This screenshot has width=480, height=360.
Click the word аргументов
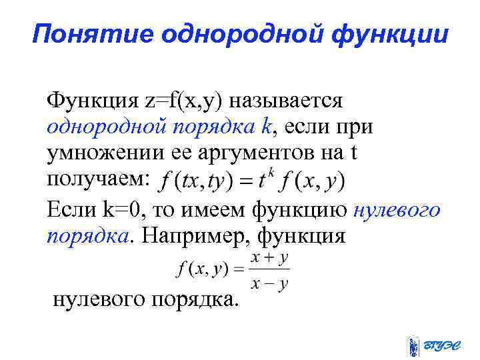click(259, 153)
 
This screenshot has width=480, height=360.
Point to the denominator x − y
click(269, 283)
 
